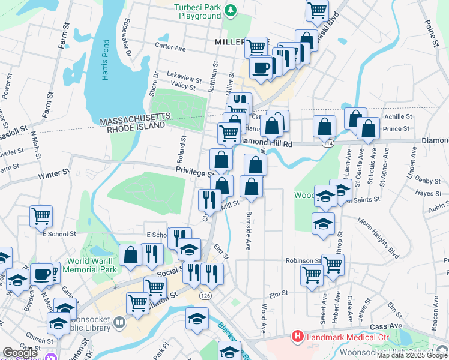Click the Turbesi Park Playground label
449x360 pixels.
[197, 11]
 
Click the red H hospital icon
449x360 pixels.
[297, 337]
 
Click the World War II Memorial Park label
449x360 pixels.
[91, 266]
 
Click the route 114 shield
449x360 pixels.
[328, 144]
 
